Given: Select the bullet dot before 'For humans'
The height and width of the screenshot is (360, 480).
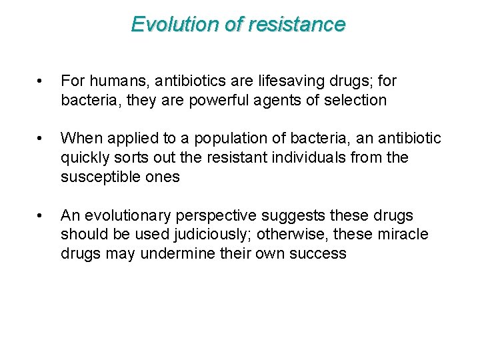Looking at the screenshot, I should pos(41,81).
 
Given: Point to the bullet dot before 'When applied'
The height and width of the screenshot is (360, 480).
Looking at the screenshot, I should pos(41,139).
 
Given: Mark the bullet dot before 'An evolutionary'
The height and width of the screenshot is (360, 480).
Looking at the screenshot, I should pos(41,216).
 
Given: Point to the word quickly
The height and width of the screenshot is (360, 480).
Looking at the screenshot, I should pos(84,158).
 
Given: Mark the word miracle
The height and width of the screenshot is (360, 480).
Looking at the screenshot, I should pos(401,235).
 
